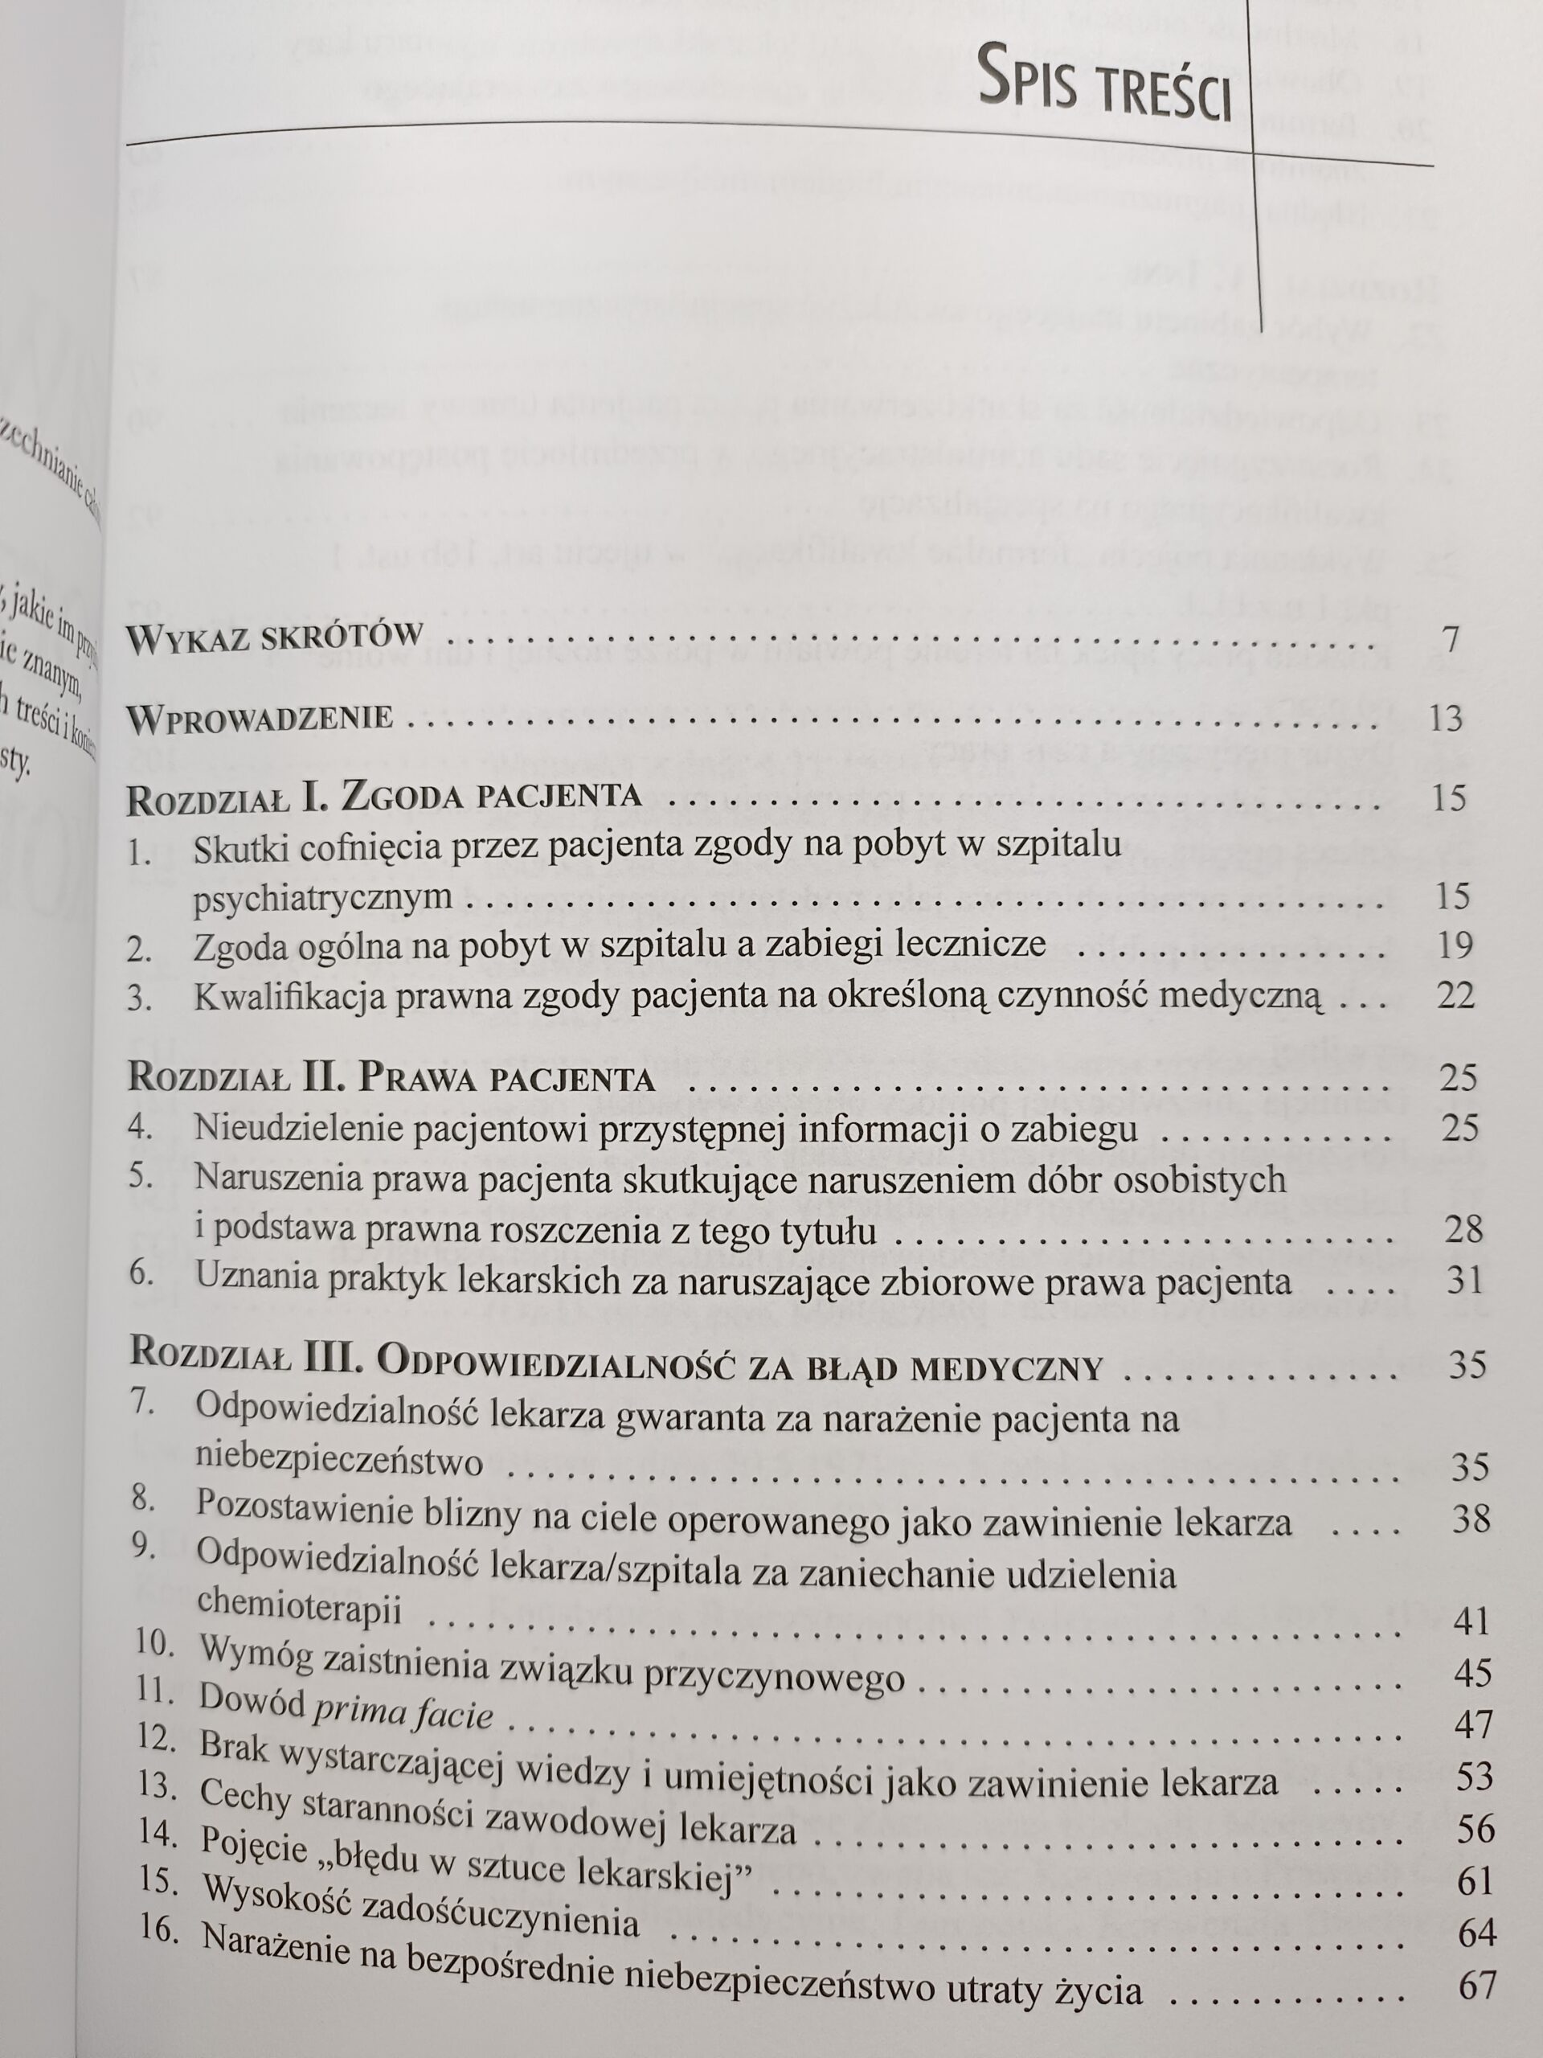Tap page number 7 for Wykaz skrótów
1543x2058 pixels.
point(1449,640)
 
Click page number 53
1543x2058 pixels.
point(1472,1777)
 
